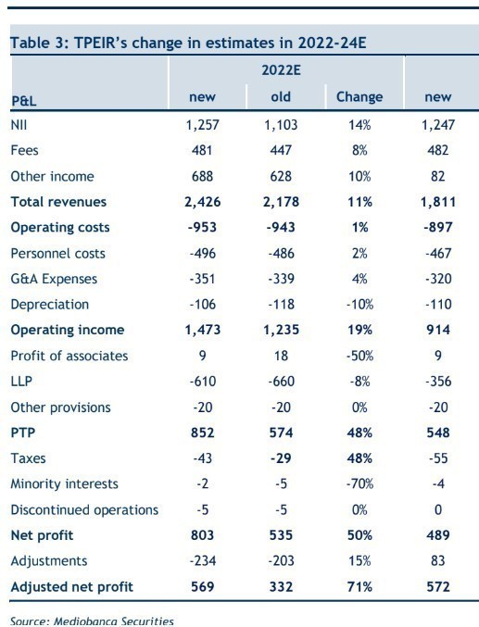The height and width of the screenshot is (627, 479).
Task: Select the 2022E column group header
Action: [x=281, y=70]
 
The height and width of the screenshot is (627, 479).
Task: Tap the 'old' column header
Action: [x=281, y=96]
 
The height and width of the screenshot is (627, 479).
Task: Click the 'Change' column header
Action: [x=359, y=96]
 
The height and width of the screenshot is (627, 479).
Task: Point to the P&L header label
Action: [x=23, y=101]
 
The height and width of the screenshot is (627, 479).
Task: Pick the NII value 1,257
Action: [x=203, y=125]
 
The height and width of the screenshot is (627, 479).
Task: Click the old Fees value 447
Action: [x=281, y=150]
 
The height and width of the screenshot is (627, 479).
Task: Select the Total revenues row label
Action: [x=58, y=202]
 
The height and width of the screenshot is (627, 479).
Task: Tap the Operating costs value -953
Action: [x=202, y=227]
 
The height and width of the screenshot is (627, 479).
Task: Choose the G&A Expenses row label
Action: [x=54, y=279]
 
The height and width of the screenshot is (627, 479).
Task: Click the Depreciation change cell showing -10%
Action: [x=359, y=305]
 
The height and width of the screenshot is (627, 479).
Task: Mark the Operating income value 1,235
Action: [x=281, y=330]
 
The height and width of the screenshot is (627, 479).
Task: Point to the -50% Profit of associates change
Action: [x=359, y=356]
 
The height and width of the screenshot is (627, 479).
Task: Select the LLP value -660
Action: [x=282, y=381]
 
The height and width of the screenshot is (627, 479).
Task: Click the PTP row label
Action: [x=23, y=433]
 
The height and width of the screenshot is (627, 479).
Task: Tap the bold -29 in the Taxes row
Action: [x=281, y=458]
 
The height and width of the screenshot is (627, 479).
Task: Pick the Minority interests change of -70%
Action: [x=359, y=483]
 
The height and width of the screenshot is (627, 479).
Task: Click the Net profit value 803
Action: [x=203, y=535]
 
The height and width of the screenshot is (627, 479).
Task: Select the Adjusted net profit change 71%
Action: [x=359, y=586]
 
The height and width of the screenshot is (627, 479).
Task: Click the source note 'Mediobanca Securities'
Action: [x=114, y=621]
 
